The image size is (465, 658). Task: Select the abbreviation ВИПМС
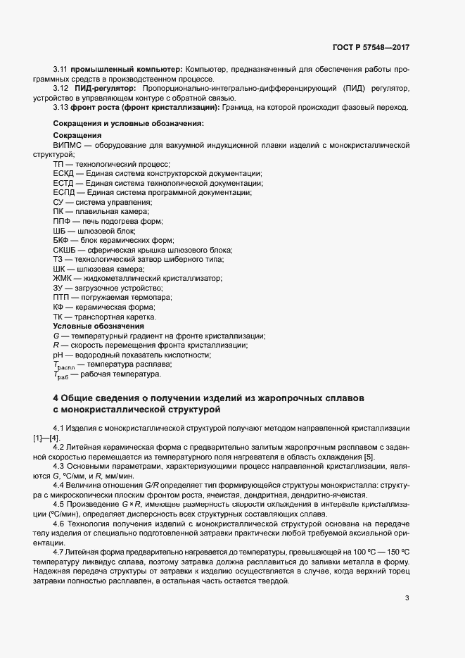(67, 144)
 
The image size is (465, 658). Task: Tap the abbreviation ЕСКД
(64, 173)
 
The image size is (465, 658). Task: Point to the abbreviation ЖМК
(63, 279)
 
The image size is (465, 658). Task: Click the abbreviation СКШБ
(65, 250)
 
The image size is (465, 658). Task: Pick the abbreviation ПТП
(63, 298)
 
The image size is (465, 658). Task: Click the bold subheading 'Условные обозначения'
(89, 327)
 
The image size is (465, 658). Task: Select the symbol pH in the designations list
(58, 355)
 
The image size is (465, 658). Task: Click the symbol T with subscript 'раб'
(61, 376)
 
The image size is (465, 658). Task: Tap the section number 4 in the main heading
(56, 398)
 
